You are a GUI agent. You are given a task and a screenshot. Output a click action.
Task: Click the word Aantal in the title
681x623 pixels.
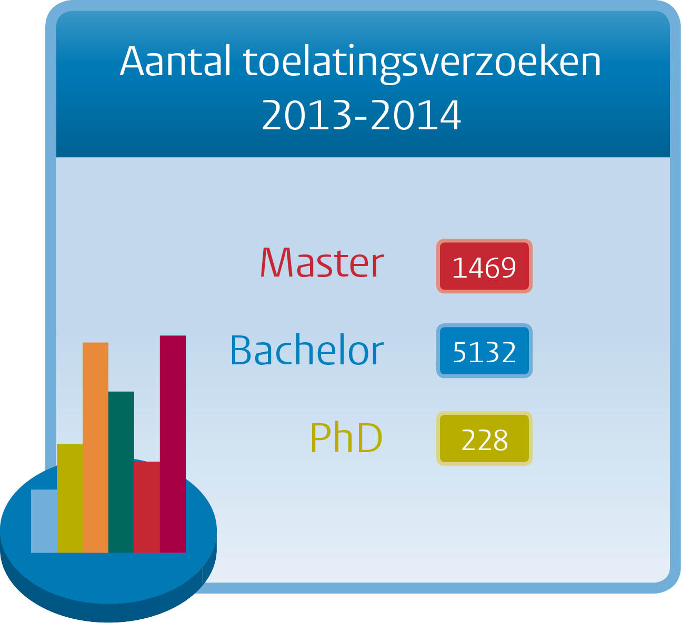point(175,60)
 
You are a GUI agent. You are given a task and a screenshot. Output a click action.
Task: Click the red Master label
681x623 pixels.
point(322,262)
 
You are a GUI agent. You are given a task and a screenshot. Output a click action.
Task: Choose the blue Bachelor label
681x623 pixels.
point(307,350)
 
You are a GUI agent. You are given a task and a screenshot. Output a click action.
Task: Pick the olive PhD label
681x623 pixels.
point(347,437)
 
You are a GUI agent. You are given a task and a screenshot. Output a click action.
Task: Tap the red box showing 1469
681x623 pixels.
point(484,266)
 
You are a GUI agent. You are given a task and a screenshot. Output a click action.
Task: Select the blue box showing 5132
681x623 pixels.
point(484,351)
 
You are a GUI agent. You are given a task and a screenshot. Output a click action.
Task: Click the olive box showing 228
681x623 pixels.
point(484,438)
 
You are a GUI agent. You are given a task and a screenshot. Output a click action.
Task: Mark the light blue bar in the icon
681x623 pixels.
point(44,521)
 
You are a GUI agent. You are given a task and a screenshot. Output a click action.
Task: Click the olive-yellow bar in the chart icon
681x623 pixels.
point(69,498)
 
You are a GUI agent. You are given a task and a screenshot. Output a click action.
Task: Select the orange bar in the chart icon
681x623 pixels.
point(95,447)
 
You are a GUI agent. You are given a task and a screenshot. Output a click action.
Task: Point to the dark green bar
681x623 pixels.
point(121,472)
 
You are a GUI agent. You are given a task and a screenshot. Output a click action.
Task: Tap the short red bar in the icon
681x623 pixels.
point(147,507)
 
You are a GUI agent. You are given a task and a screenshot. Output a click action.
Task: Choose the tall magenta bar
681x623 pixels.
point(173,444)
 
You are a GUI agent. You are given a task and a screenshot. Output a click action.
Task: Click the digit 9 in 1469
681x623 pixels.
point(508,268)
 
